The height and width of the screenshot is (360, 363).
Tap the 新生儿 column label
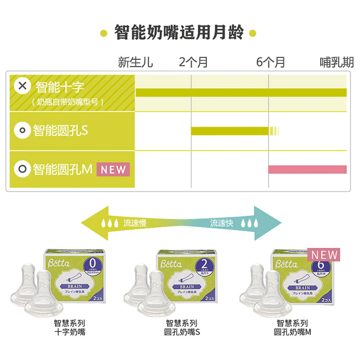135,62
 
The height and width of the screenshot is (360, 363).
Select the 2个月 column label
193,62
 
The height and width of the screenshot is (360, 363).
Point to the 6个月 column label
270,62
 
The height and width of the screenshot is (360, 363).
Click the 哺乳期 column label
336,62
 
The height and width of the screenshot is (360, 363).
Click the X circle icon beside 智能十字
23,86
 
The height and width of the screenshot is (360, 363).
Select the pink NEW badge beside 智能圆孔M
113,169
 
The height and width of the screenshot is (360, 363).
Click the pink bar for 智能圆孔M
307,169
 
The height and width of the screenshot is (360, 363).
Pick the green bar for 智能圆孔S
230,131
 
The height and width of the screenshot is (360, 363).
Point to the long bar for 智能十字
241,93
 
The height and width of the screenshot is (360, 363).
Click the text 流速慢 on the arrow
135,223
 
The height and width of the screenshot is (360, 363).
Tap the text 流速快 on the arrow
221,223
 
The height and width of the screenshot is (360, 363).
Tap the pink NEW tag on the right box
325,255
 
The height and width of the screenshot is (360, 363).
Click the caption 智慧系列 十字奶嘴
70,327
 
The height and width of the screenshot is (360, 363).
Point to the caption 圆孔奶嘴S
183,332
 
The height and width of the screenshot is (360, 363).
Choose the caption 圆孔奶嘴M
292,332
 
